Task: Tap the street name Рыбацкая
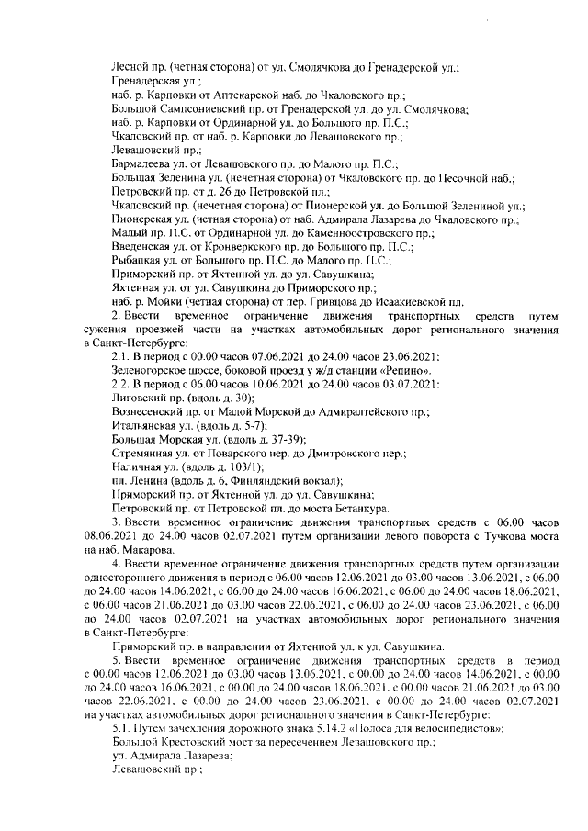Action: pos(135,260)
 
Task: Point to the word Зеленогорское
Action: pos(152,370)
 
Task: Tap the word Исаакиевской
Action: pos(404,301)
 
